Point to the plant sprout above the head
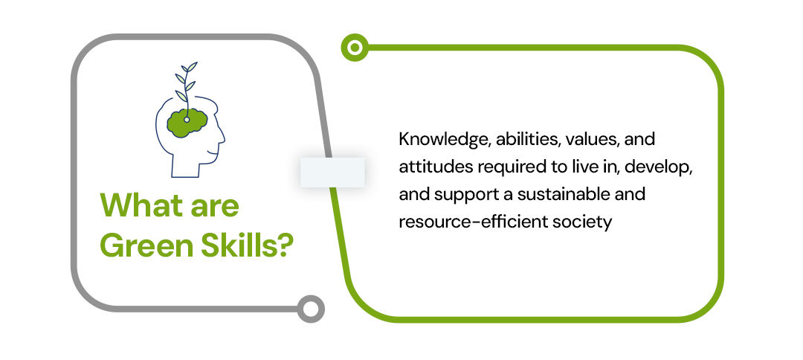186,85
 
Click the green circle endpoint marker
355,48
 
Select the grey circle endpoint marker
311,309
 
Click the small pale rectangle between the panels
332,172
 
